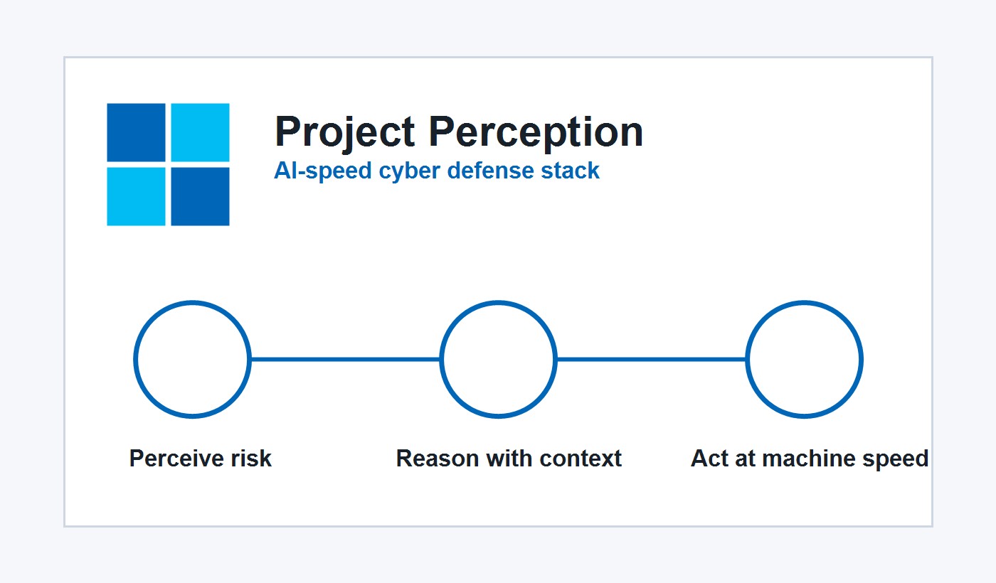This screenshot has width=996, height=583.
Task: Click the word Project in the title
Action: point(345,132)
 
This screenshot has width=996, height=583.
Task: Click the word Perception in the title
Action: point(536,132)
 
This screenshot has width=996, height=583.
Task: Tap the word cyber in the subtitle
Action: point(409,171)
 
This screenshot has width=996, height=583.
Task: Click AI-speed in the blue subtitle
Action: point(323,171)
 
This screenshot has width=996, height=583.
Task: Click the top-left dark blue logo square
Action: point(136,132)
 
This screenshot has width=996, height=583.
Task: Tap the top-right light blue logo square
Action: point(200,132)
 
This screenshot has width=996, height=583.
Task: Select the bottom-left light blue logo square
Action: point(136,196)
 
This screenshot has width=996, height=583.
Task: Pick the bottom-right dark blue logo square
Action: point(200,196)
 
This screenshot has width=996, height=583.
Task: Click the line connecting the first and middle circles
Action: point(346,360)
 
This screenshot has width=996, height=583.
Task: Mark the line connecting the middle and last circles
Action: point(652,360)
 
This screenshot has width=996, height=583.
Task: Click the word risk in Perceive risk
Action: point(251,458)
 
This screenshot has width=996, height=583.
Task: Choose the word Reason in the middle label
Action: point(438,458)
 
